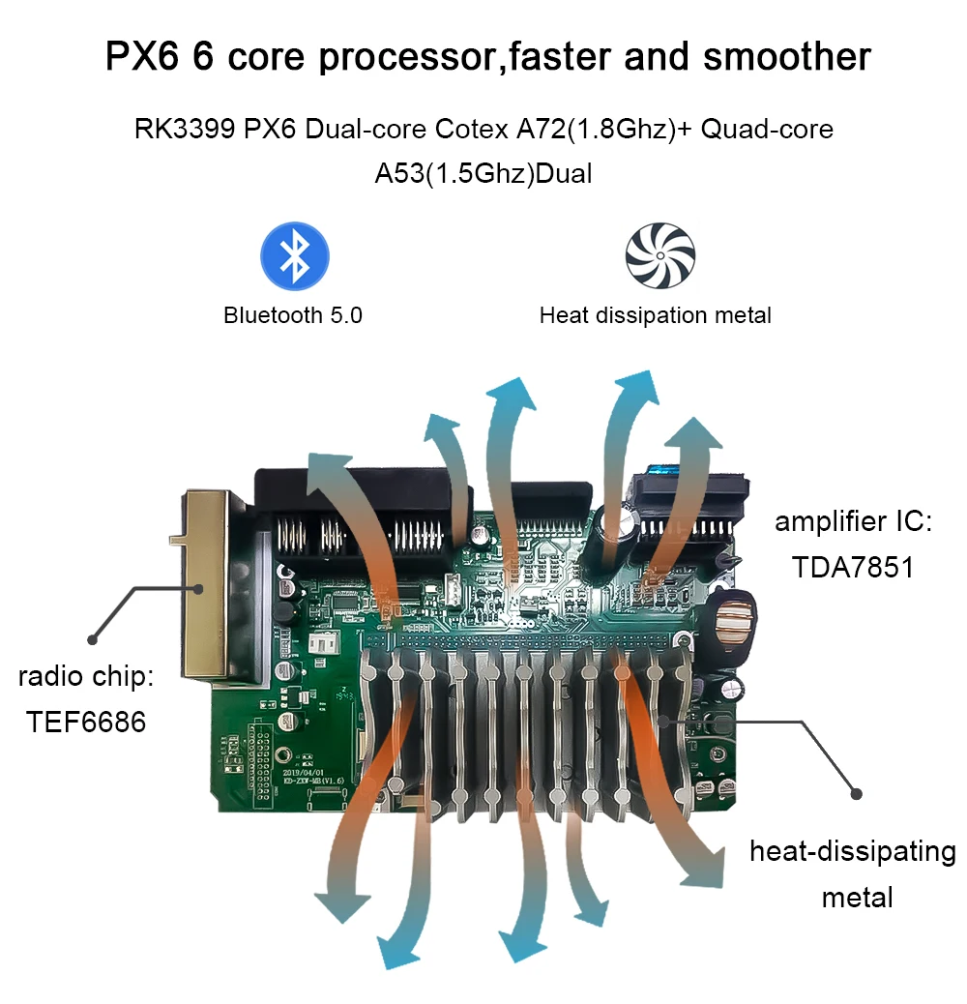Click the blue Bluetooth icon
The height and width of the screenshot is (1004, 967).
coord(295,256)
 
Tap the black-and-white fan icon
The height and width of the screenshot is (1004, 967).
coord(659,255)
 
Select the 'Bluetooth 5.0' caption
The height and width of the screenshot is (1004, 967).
coord(293,315)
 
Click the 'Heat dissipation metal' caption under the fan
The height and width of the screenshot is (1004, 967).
coord(656,315)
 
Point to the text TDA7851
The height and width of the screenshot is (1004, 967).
coord(852,567)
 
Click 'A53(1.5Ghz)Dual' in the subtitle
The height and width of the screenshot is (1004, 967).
coord(483,176)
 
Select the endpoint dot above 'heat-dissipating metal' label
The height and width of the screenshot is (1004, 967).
coord(856,793)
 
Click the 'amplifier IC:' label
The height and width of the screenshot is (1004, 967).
coord(853,523)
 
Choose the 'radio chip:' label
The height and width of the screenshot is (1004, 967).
coord(86,676)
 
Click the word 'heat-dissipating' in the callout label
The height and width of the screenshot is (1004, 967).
coord(852,853)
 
